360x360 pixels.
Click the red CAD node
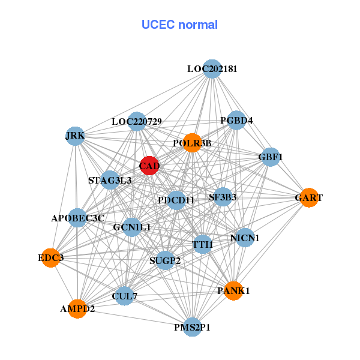[149, 165]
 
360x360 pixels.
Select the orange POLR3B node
[191, 143]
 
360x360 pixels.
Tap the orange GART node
[308, 198]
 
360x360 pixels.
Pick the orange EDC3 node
[51, 258]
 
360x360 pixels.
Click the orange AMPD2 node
[77, 309]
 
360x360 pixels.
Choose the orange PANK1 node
[233, 290]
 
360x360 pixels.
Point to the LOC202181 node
[211, 69]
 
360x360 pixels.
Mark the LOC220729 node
[137, 122]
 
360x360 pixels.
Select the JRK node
[75, 136]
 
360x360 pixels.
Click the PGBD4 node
[237, 121]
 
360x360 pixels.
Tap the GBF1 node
[270, 157]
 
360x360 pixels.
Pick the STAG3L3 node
[110, 180]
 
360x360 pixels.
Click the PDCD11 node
[176, 200]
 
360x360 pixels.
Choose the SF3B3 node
[223, 197]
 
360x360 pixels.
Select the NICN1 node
[244, 238]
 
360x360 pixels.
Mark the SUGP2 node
[164, 260]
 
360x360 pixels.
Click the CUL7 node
[124, 296]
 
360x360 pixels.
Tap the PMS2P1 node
[192, 327]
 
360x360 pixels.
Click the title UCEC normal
[179, 25]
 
